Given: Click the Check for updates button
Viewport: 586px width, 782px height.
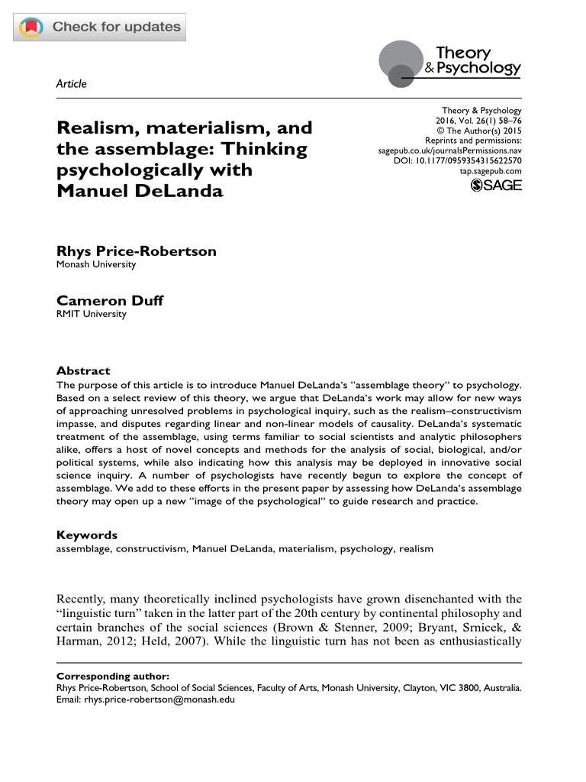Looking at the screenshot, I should pyautogui.click(x=100, y=27).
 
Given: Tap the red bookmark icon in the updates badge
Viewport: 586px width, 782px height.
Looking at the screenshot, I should pyautogui.click(x=31, y=27).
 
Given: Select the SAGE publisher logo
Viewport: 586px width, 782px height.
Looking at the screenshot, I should pyautogui.click(x=497, y=186).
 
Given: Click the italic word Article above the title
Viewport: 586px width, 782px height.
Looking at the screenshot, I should pyautogui.click(x=72, y=84).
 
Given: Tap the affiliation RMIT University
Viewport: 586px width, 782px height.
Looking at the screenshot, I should pyautogui.click(x=91, y=314).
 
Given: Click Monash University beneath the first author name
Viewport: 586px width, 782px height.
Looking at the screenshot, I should pyautogui.click(x=96, y=264).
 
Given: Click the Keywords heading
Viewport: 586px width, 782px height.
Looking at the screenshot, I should pyautogui.click(x=87, y=535).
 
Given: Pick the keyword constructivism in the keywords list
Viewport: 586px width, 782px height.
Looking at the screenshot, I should pyautogui.click(x=150, y=548).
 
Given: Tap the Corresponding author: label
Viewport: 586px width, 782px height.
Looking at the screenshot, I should pyautogui.click(x=113, y=676).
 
